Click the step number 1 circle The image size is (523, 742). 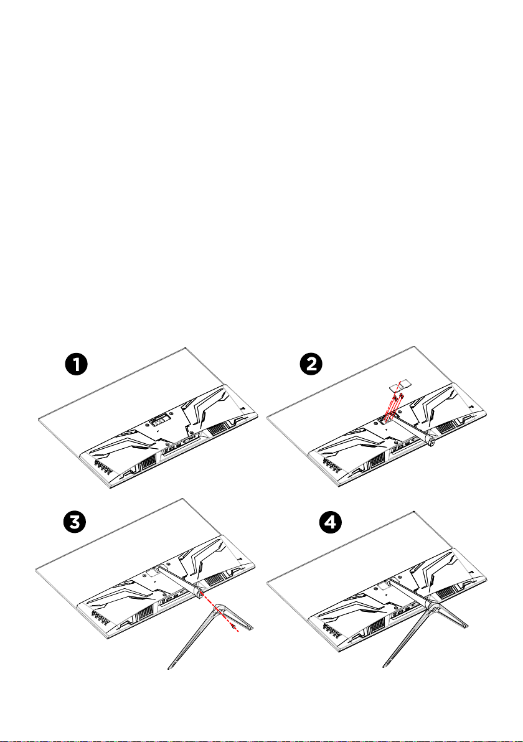pos(76,365)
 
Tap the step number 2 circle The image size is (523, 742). pos(311,365)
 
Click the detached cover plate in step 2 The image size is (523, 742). pos(398,386)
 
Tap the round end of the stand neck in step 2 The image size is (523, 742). pos(431,442)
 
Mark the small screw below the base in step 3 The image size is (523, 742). pos(233,627)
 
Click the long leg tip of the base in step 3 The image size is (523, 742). pos(170,667)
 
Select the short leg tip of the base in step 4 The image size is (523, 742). pos(466,626)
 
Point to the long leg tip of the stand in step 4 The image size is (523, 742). pos(385,666)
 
